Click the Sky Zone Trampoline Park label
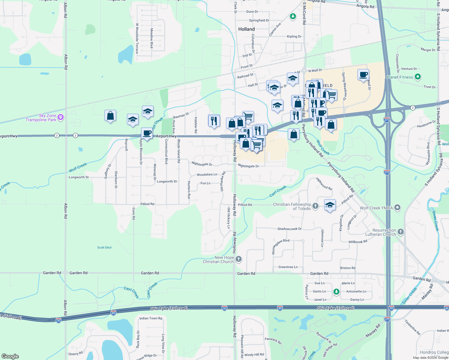[41, 118]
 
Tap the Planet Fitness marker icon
[417, 77]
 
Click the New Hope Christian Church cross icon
[239, 259]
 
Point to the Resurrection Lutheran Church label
[381, 232]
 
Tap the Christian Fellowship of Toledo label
[292, 206]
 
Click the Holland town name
[246, 29]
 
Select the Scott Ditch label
[104, 247]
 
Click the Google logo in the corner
[10, 356]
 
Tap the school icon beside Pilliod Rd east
[330, 205]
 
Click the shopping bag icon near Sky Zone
[110, 115]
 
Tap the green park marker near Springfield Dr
[293, 16]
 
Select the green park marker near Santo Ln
[336, 292]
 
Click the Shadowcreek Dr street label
[289, 229]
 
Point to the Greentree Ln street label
[288, 267]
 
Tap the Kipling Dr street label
[294, 36]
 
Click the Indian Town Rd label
[151, 318]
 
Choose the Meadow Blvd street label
[152, 38]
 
